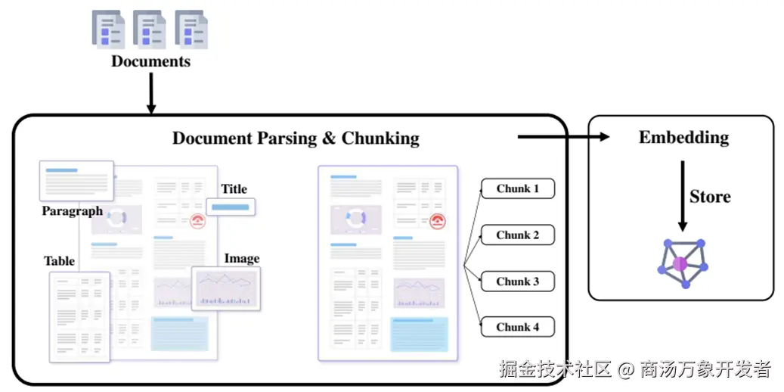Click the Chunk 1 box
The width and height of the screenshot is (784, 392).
518,188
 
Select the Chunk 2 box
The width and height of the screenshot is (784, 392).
518,235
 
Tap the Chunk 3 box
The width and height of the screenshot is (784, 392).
518,281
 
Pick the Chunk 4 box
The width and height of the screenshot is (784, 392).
518,327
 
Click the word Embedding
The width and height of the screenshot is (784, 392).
683,138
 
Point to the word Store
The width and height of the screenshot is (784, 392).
710,197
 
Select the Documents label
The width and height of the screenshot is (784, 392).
150,61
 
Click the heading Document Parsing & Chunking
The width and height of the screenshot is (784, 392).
296,138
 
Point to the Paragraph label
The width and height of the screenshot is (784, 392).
72,211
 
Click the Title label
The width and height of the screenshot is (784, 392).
234,188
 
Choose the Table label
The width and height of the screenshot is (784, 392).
59,261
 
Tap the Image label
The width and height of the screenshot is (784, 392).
242,259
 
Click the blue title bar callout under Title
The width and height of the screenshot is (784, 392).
231,207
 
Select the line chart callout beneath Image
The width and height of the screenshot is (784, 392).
226,288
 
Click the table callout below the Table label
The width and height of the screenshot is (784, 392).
79,316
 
